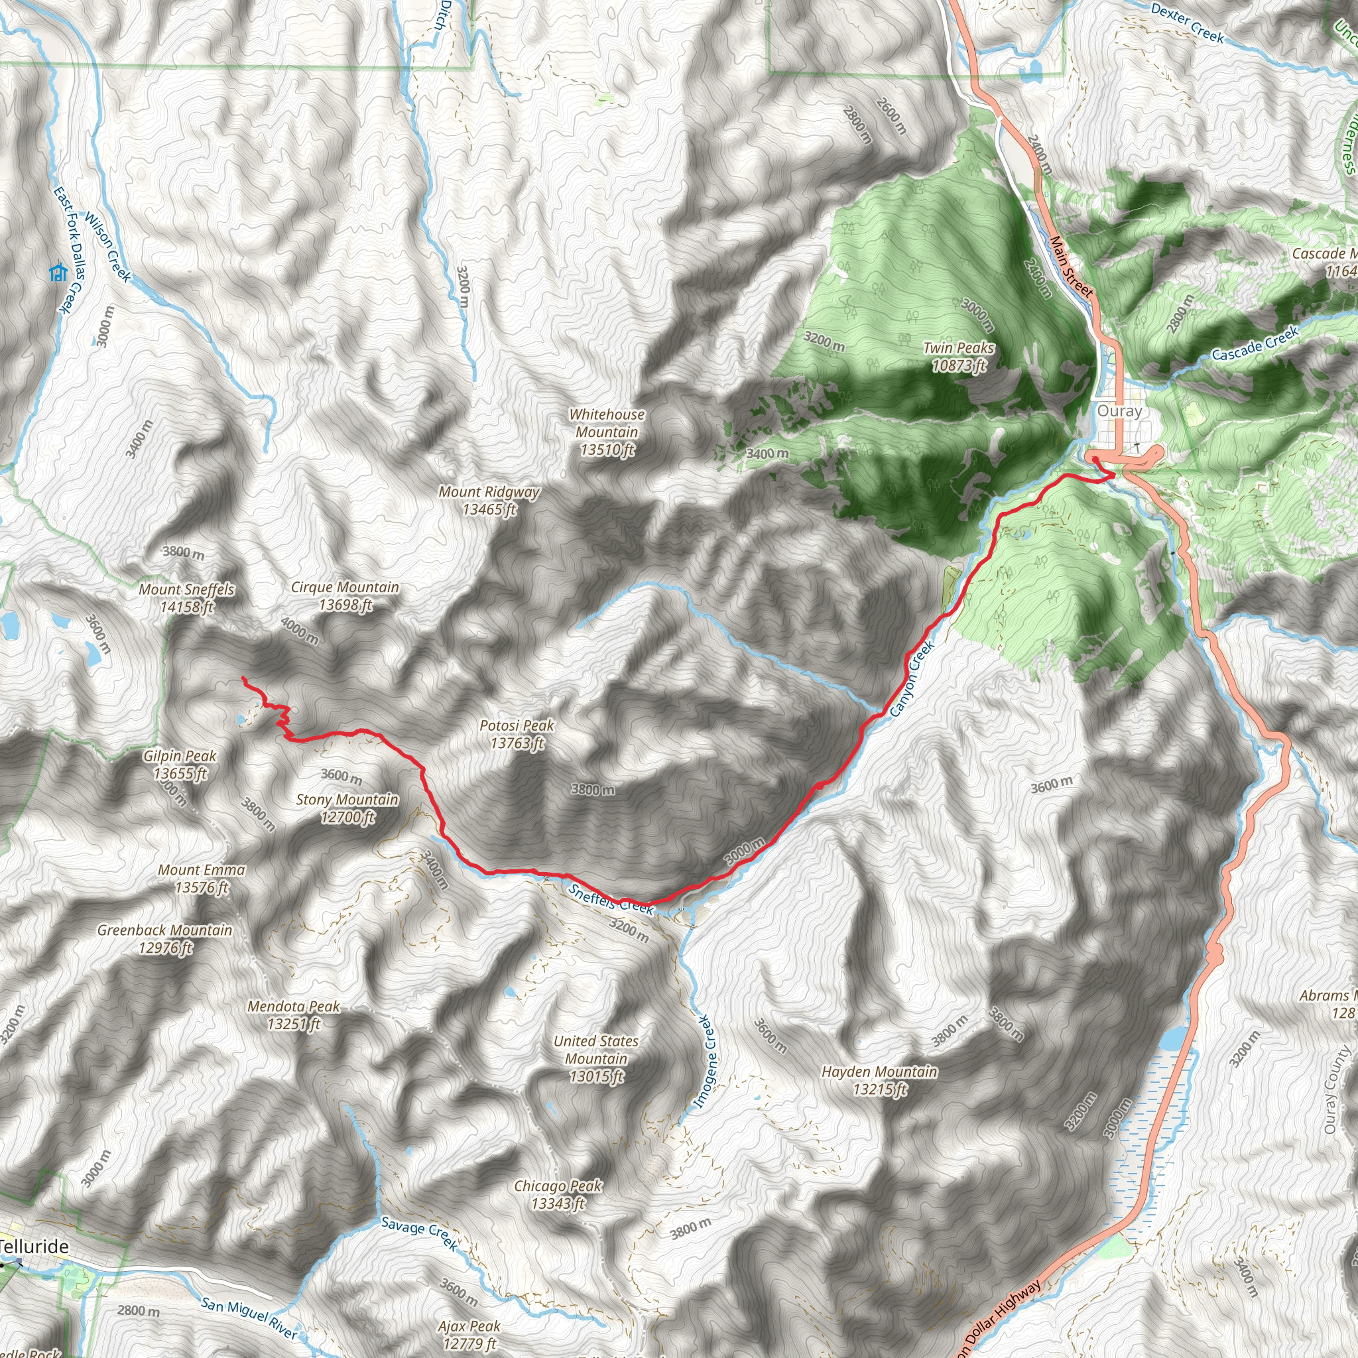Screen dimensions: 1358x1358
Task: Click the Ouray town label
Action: (1119, 410)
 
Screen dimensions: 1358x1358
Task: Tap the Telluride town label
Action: (34, 1246)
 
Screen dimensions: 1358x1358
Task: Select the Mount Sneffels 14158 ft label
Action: (186, 598)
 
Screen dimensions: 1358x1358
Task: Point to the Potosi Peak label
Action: (517, 734)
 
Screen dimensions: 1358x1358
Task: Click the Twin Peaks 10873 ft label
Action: (959, 356)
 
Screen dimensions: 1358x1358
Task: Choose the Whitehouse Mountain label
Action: (607, 432)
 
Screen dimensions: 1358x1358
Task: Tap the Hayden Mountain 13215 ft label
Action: (879, 1080)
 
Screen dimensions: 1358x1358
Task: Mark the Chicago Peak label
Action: (558, 1194)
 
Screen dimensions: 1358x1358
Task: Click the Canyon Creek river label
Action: (912, 678)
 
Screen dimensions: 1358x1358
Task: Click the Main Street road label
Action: (1072, 267)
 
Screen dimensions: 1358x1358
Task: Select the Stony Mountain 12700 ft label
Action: (347, 808)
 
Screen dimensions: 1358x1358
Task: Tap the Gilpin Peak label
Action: (180, 765)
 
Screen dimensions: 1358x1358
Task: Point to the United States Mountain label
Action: (596, 1058)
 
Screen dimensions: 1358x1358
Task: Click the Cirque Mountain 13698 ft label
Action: (345, 596)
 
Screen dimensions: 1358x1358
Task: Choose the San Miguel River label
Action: (249, 1318)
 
